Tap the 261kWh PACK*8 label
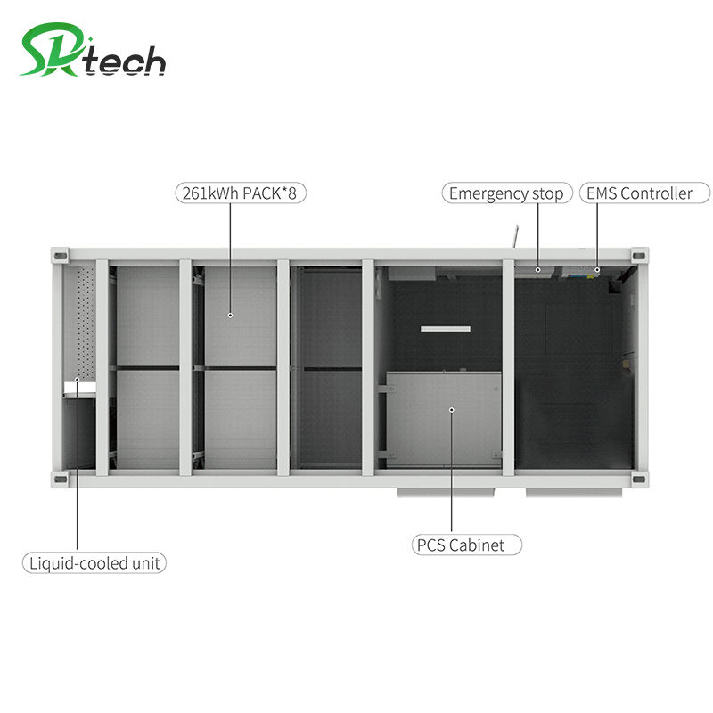coord(239,193)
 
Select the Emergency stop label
coord(506,193)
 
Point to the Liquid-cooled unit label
coord(94,563)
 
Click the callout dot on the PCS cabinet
coord(452,410)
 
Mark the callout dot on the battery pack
coord(230,314)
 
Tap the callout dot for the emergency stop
coord(538,268)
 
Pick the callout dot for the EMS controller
coord(597,268)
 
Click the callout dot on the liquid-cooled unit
coord(77,381)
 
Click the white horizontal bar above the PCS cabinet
coord(446,330)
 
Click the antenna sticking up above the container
coord(513,235)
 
